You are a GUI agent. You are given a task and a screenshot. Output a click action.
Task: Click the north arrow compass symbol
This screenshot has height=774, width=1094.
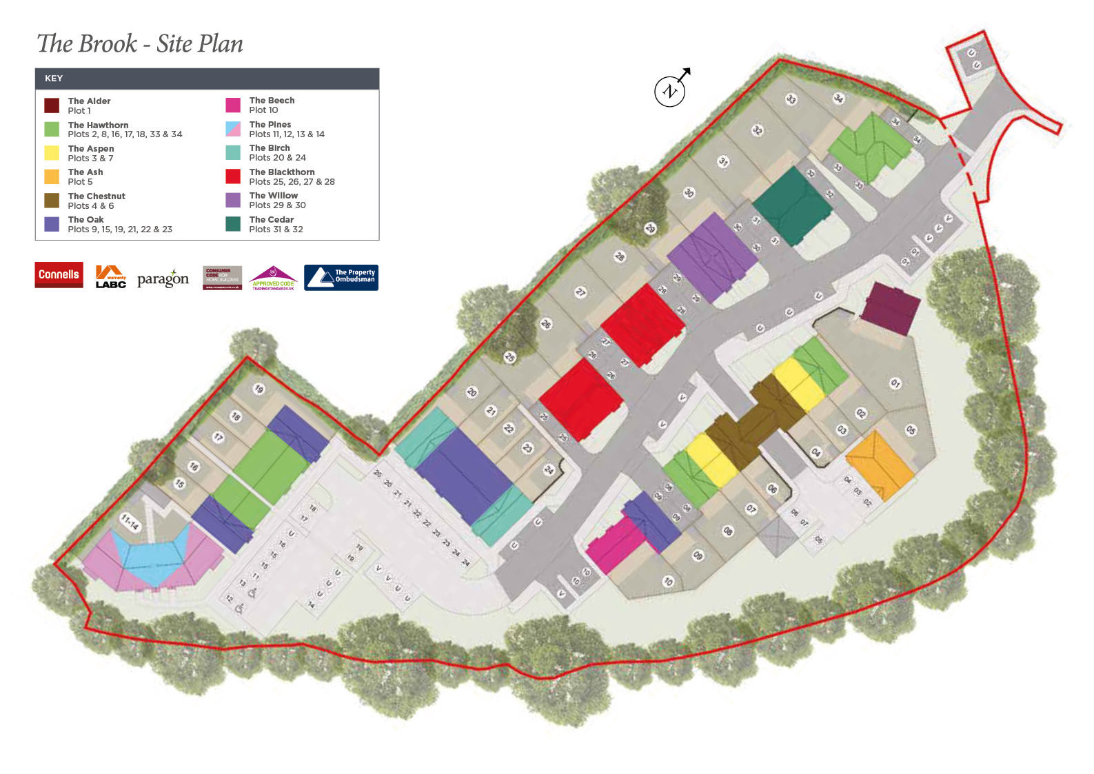[x=670, y=90]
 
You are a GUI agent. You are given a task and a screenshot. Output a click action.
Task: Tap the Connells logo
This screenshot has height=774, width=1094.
[x=59, y=274]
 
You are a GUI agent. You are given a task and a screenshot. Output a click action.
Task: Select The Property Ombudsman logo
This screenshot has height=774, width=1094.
[x=341, y=277]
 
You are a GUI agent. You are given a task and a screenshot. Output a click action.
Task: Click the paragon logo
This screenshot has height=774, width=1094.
[x=163, y=278]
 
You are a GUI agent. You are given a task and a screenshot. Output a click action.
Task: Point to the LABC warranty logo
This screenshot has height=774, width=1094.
[x=110, y=276]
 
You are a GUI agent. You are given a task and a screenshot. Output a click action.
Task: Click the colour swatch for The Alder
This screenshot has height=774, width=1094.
[x=52, y=105]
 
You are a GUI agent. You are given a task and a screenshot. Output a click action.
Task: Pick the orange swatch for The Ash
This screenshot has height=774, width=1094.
[x=52, y=176]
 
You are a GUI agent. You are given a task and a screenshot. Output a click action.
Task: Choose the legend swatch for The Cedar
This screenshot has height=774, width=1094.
[x=233, y=224]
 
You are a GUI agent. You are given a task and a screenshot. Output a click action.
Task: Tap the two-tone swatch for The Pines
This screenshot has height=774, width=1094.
[x=233, y=129]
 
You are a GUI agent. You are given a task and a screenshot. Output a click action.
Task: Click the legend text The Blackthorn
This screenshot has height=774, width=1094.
[x=282, y=172]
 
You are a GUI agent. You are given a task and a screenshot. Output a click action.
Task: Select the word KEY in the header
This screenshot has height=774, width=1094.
[x=54, y=79]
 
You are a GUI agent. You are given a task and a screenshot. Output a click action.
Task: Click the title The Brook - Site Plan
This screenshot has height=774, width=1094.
[x=140, y=43]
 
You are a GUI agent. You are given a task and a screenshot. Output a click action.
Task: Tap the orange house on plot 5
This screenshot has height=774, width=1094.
[x=880, y=465]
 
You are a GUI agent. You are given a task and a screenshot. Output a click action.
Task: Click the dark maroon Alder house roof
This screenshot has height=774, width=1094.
[x=891, y=307]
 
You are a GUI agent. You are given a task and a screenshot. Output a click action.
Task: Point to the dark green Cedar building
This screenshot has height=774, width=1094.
[x=792, y=205]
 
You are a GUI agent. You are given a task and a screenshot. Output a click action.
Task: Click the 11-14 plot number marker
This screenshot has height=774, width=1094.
[x=130, y=522]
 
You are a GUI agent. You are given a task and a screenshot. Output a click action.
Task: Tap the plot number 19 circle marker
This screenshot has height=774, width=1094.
[x=259, y=389]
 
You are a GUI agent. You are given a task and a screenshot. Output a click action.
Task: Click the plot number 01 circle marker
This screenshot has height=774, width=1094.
[x=895, y=383]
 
